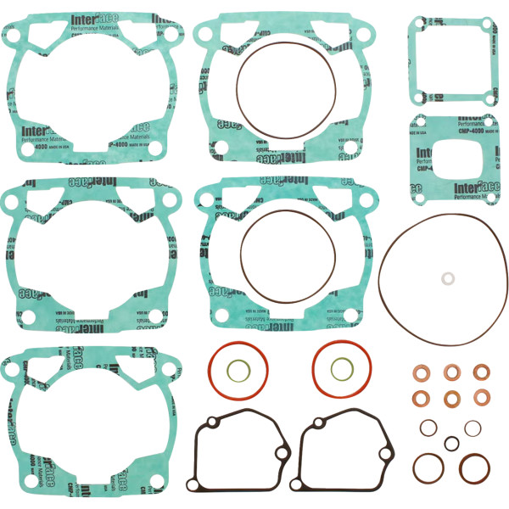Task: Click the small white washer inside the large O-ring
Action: (x=445, y=278)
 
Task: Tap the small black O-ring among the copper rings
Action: (x=451, y=443)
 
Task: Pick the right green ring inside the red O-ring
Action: (x=342, y=368)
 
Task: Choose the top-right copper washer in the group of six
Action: (x=481, y=372)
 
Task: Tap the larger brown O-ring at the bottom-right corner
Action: (x=475, y=467)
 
